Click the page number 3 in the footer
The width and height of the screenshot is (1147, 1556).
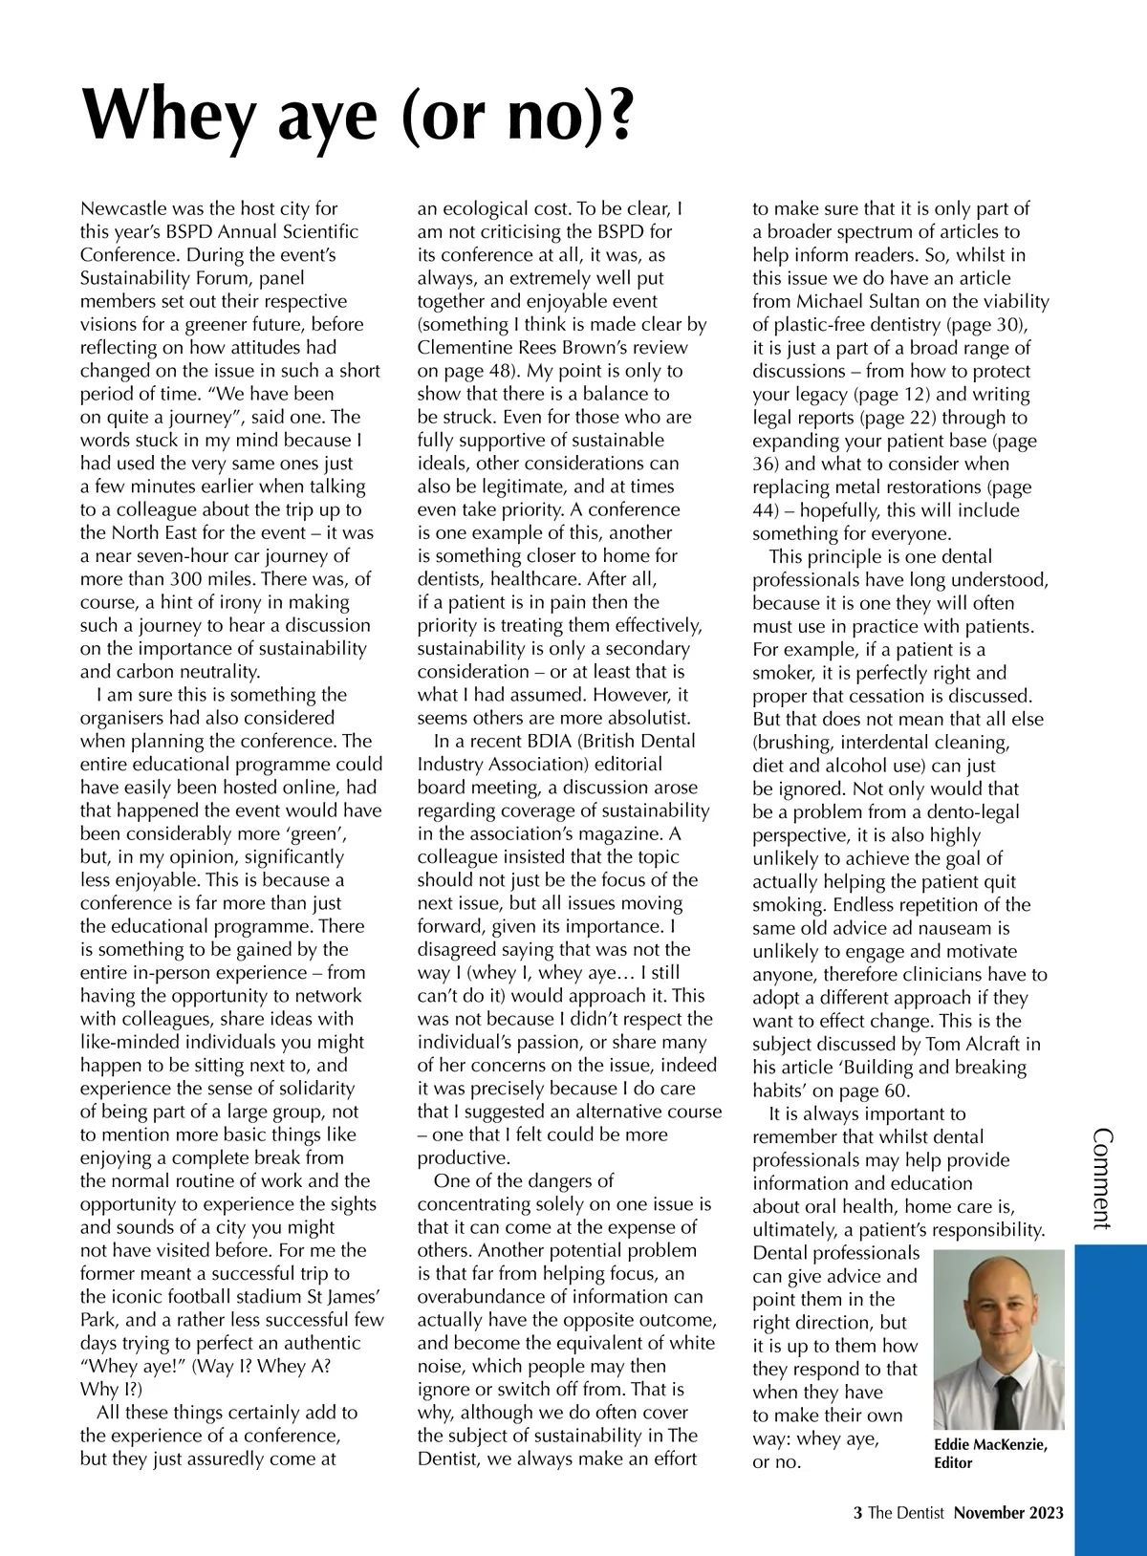[857, 1512]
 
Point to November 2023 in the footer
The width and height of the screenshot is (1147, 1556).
[1008, 1512]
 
